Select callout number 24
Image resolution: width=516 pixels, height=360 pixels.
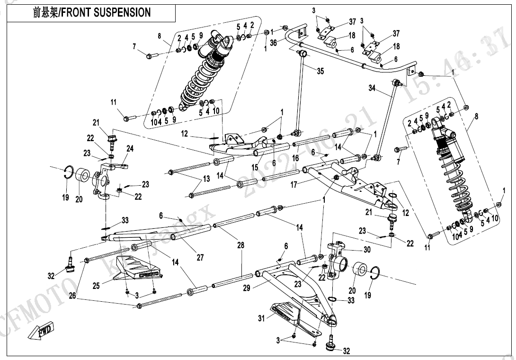coord(130,149)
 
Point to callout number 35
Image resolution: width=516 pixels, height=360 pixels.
coord(320,72)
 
